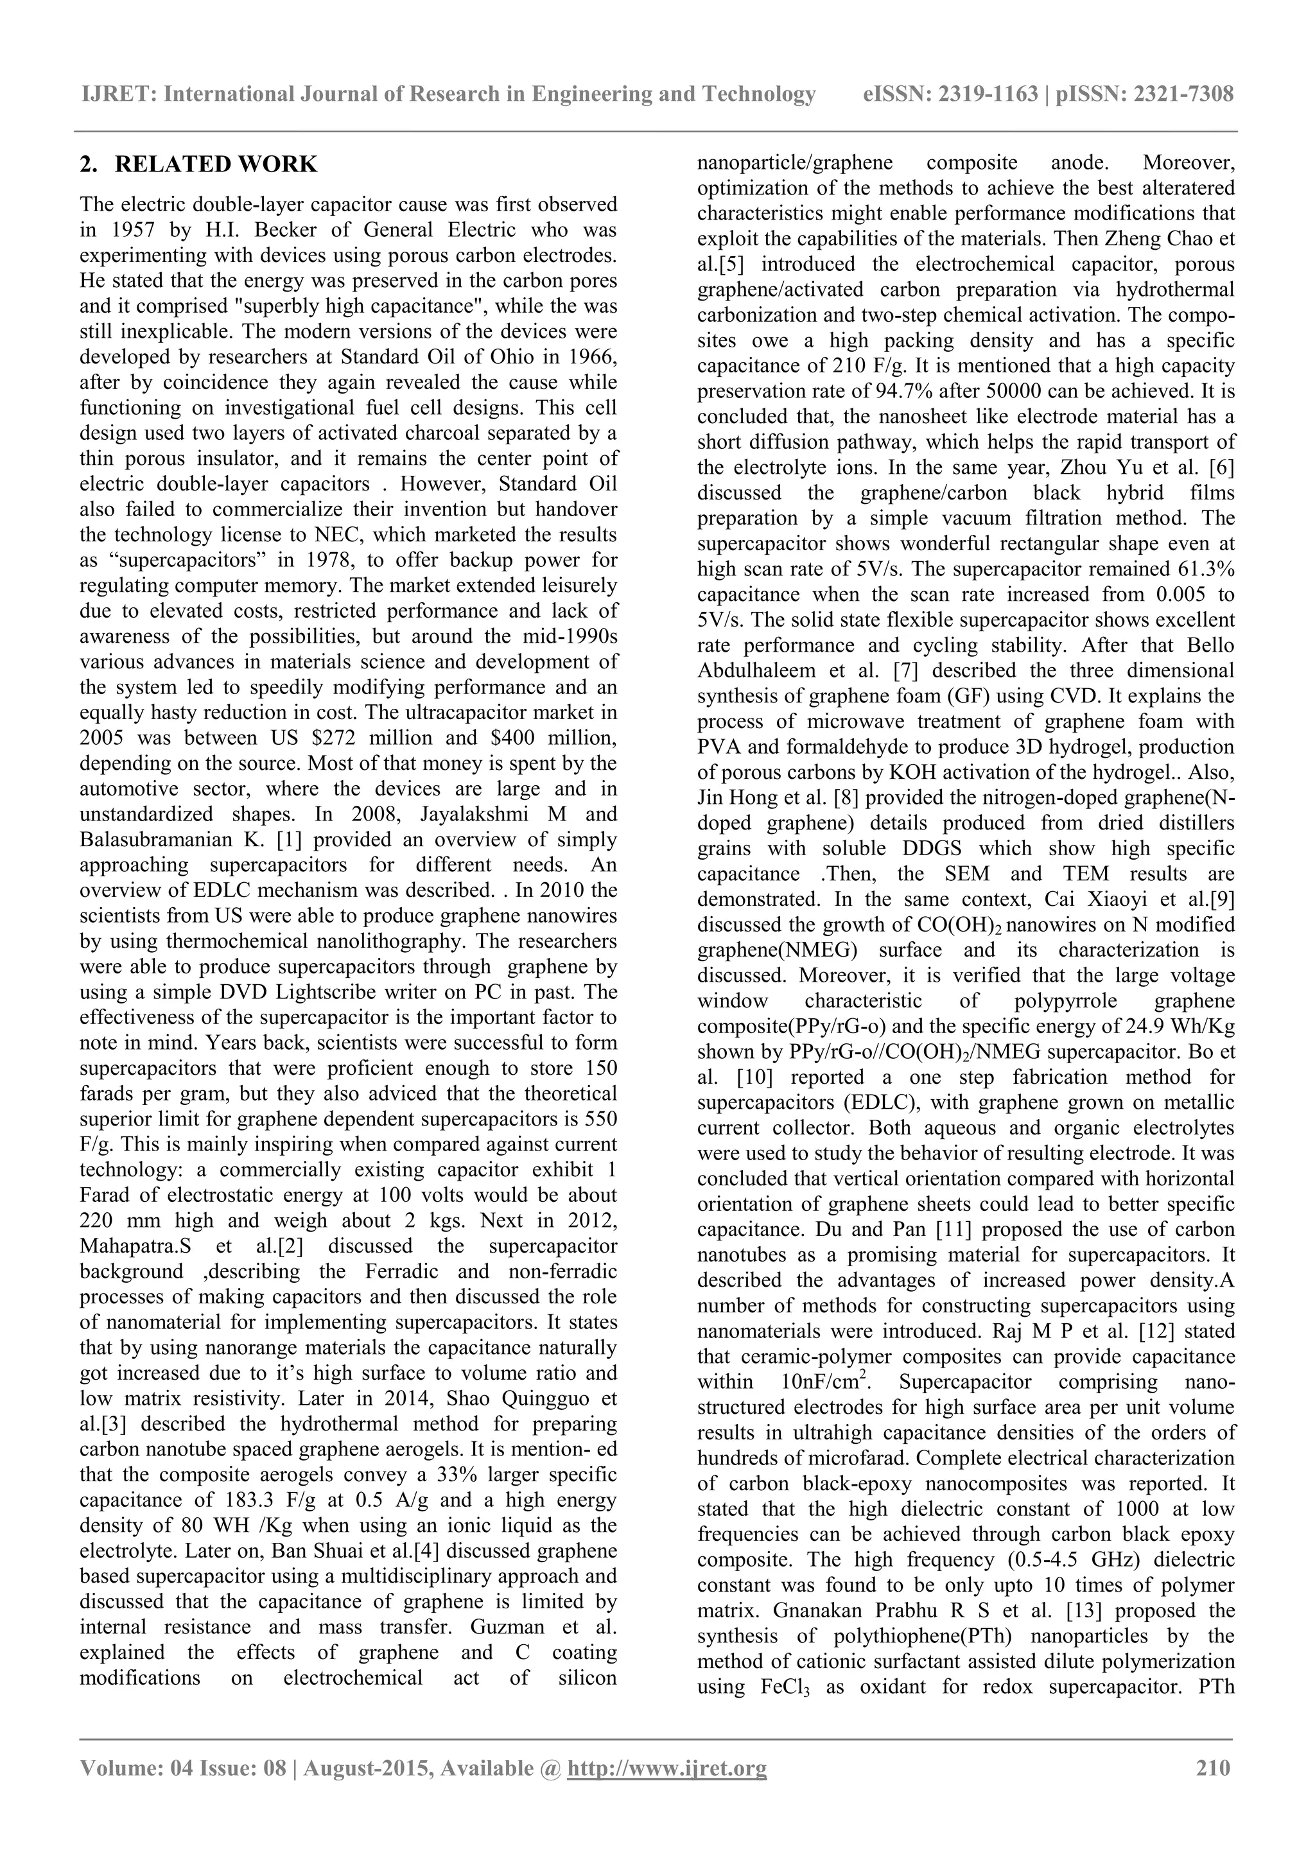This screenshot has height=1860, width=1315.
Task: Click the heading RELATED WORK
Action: pos(216,164)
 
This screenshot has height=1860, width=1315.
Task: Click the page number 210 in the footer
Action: pos(1213,1767)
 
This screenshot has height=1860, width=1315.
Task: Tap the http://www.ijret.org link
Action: pos(667,1767)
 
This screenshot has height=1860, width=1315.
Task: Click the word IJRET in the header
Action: pos(118,95)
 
